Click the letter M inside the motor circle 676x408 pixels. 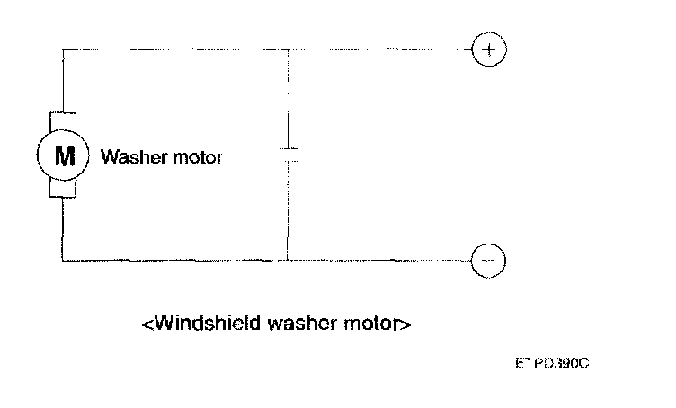(x=63, y=155)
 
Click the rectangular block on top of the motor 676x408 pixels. (x=63, y=123)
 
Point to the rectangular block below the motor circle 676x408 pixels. (x=63, y=187)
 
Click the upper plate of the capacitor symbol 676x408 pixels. (x=288, y=148)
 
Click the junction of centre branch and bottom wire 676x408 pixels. (x=288, y=260)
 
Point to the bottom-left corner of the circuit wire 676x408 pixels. (x=63, y=260)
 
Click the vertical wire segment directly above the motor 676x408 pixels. (x=63, y=81)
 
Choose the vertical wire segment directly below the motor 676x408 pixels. (x=63, y=229)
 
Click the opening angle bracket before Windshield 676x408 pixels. (x=147, y=322)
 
